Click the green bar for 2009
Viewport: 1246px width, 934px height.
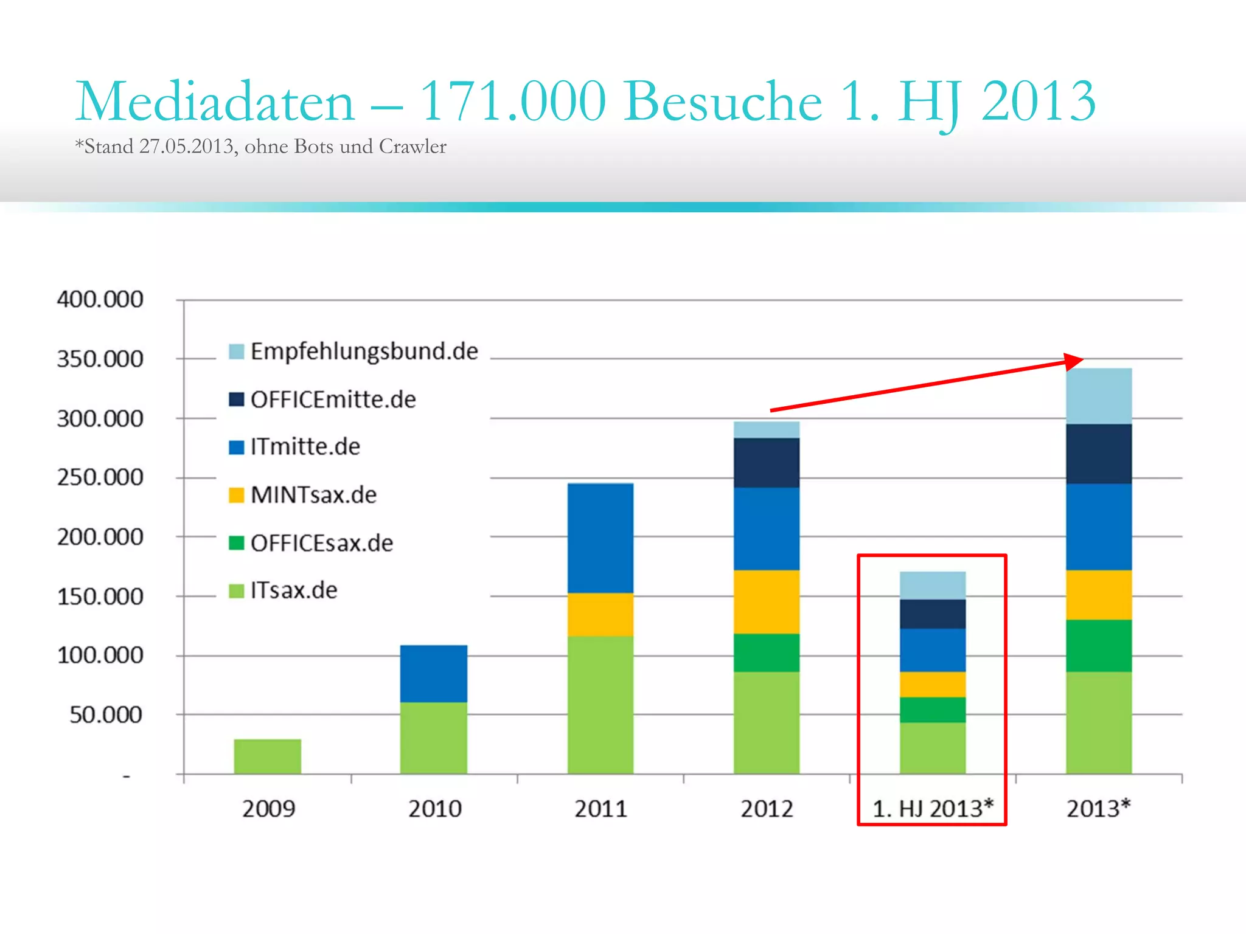coord(267,756)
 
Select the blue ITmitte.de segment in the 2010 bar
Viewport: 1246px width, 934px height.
coord(433,673)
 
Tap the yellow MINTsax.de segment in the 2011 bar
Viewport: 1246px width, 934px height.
coord(600,614)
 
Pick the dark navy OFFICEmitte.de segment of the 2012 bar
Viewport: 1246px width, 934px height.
coord(766,463)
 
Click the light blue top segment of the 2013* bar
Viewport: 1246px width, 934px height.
coord(1098,396)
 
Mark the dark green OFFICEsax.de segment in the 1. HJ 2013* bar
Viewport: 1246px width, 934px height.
coord(932,710)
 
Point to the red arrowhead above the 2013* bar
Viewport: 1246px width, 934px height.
coord(1074,361)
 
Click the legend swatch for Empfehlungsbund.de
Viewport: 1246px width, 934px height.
coord(236,351)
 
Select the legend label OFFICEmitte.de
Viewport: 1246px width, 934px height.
coord(333,400)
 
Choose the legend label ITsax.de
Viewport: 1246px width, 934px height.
coord(293,590)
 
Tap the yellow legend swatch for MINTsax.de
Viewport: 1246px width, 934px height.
coord(236,495)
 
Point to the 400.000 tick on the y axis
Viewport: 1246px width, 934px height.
coord(100,299)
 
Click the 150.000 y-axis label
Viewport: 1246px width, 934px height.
coord(100,597)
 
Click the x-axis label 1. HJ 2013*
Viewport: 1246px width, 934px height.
coord(932,809)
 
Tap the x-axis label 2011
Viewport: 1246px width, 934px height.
coord(600,809)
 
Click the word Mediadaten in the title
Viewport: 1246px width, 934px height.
coord(215,102)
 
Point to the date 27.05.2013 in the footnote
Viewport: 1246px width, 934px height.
coord(186,147)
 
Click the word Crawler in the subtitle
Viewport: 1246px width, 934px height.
coord(412,147)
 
